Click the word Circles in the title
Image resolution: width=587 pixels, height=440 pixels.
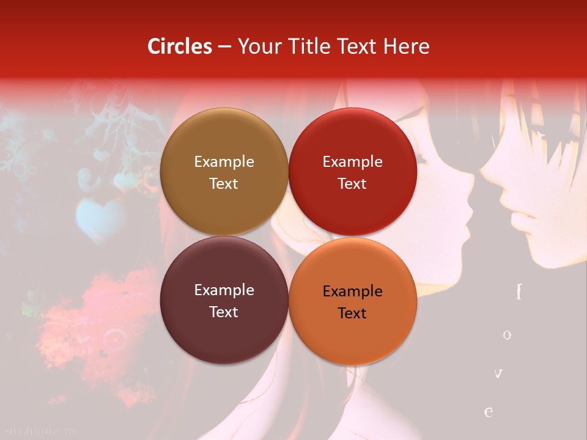pos(180,46)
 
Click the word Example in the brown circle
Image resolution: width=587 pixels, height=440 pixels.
pos(224,162)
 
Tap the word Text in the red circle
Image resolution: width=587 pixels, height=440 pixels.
pos(352,183)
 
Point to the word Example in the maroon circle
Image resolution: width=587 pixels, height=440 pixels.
pos(224,290)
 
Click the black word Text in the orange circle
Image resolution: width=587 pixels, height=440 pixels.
pos(352,313)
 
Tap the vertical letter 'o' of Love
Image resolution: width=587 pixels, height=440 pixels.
pos(507,335)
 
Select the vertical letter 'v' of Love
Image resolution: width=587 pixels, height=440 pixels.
pos(498,373)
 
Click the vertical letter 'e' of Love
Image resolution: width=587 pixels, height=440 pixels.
pos(489,412)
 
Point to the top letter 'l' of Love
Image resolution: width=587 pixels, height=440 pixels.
pos(519,292)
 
